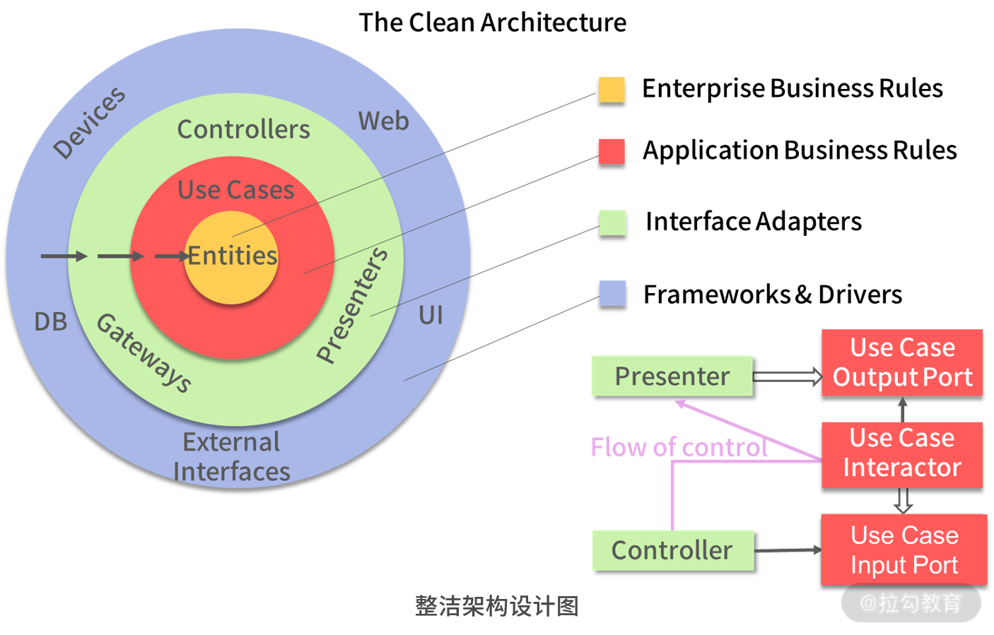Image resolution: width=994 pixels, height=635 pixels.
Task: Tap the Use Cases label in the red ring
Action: click(x=235, y=190)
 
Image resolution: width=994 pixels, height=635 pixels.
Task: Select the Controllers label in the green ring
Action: click(x=243, y=129)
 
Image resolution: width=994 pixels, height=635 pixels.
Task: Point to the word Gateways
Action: click(x=144, y=352)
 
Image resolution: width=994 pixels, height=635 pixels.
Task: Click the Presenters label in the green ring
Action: click(x=352, y=305)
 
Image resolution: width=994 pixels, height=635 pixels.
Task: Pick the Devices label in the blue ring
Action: click(x=89, y=122)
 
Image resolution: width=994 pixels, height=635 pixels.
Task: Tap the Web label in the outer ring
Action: click(x=383, y=121)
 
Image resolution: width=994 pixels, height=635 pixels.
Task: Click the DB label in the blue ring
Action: click(x=51, y=321)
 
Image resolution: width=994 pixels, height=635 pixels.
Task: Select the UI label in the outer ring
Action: click(x=431, y=315)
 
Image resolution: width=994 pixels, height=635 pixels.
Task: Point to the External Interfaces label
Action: click(x=231, y=456)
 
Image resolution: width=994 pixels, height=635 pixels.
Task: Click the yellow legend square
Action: click(x=612, y=90)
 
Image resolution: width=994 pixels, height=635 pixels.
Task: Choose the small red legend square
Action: click(x=612, y=151)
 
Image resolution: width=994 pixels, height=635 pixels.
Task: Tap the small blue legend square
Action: click(x=612, y=292)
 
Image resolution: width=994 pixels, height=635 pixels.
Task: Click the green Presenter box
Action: click(x=672, y=376)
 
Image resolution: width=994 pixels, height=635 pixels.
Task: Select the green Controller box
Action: click(x=672, y=550)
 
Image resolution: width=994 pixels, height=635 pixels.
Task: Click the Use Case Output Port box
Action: click(x=902, y=362)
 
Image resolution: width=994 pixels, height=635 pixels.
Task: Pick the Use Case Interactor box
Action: click(x=902, y=453)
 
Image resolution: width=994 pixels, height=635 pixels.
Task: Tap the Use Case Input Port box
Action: click(x=904, y=550)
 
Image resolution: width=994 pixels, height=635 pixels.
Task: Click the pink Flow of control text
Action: click(x=679, y=447)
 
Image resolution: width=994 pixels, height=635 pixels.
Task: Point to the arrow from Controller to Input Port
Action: click(x=787, y=550)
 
